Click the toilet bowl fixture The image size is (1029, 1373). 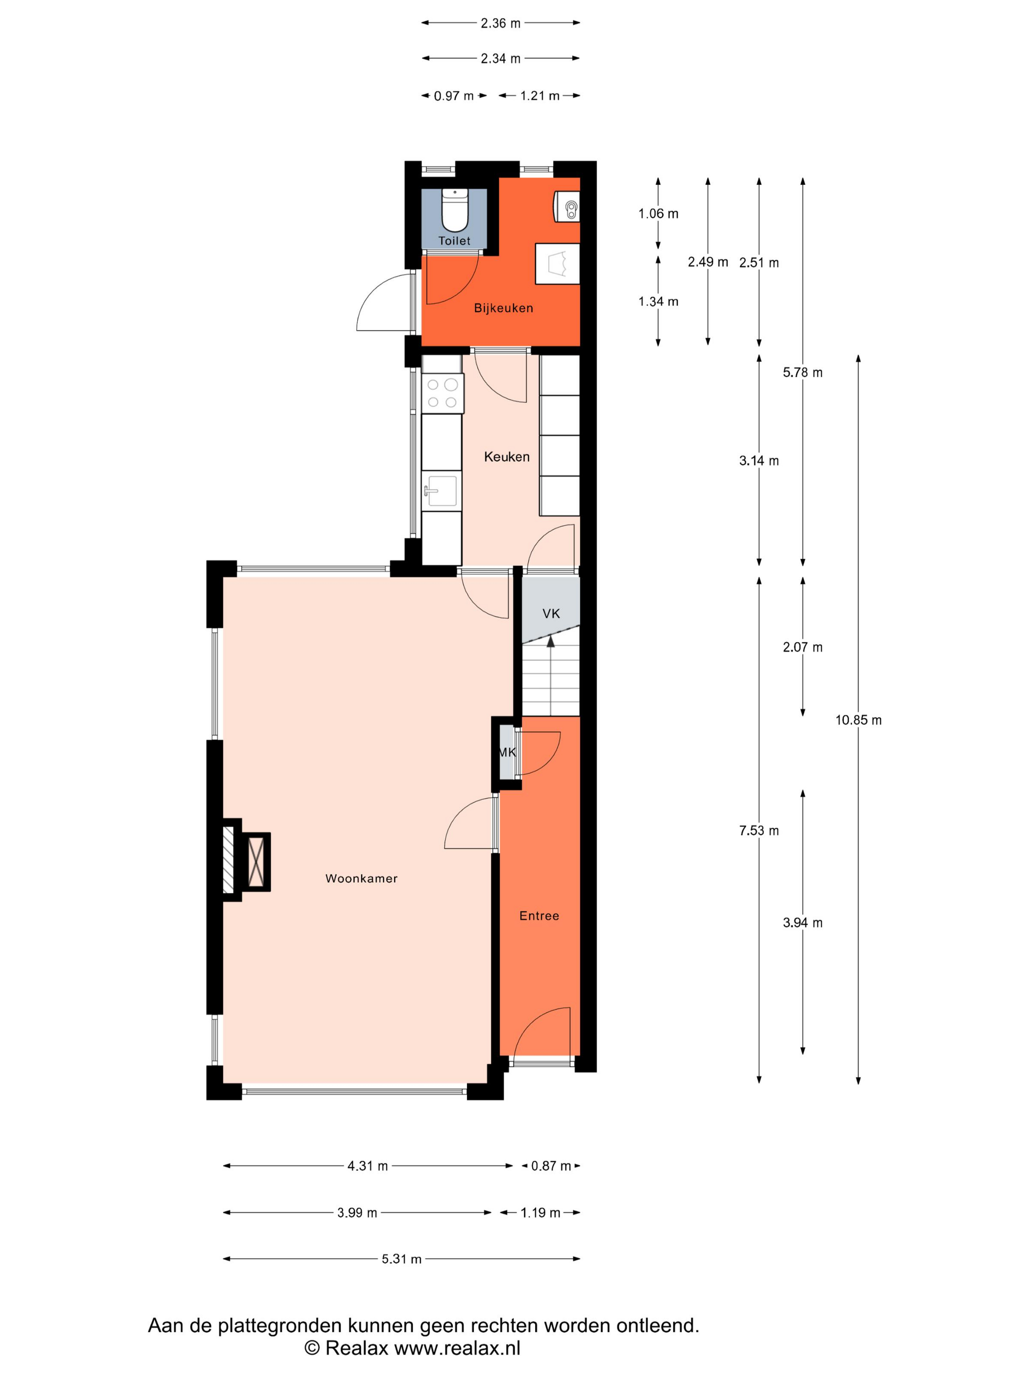click(454, 210)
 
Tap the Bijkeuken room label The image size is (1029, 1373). click(503, 308)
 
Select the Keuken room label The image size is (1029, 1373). click(507, 457)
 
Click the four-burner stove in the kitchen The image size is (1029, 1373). click(442, 393)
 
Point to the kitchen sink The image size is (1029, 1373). click(441, 490)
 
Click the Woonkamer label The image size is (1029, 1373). click(361, 878)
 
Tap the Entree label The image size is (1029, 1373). click(539, 915)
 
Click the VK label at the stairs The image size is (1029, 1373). click(551, 614)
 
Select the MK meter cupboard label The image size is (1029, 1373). click(507, 752)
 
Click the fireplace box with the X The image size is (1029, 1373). click(256, 862)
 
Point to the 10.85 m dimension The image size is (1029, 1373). click(858, 720)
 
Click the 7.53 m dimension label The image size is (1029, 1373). click(759, 831)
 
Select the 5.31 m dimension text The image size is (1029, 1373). click(401, 1259)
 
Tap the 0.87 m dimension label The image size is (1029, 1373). click(551, 1166)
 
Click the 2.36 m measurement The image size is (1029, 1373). click(501, 24)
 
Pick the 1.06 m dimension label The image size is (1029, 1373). click(658, 213)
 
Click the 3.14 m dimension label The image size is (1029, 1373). click(759, 460)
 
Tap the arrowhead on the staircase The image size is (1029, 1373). click(550, 641)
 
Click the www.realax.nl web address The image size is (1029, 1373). click(457, 1348)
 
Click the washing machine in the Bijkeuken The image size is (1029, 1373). click(566, 206)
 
